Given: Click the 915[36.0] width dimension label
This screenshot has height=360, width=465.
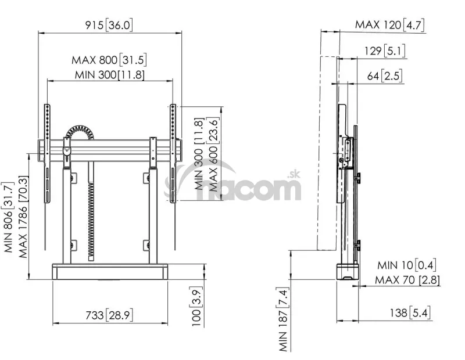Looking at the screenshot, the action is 109,25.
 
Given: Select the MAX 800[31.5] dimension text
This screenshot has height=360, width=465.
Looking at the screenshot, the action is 109,60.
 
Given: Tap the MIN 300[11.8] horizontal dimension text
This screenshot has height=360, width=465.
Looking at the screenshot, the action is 110,74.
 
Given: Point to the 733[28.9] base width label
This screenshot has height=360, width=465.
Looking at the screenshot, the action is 109,315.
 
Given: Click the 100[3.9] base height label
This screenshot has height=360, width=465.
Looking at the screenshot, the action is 196,307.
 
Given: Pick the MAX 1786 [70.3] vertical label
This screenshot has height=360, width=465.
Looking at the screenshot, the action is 23,217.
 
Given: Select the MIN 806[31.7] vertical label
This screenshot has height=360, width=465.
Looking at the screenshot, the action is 9,217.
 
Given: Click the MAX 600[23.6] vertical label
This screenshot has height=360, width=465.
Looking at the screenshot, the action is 213,154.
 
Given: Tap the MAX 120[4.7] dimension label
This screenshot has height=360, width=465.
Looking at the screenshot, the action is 390,24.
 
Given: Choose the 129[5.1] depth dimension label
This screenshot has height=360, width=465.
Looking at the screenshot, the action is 385,51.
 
